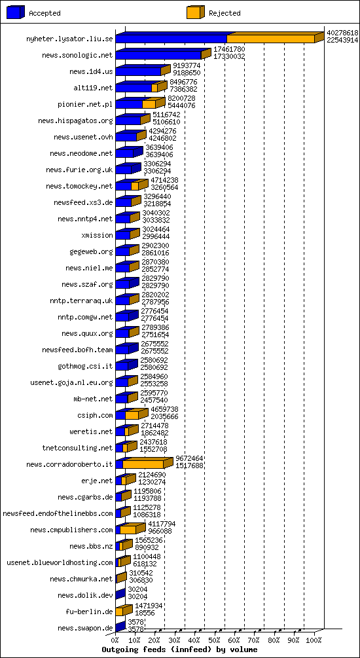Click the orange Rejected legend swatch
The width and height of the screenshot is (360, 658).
click(194, 12)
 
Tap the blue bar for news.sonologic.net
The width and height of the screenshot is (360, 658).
click(158, 56)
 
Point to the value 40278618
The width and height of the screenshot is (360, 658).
click(342, 33)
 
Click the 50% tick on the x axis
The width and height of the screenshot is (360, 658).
click(215, 639)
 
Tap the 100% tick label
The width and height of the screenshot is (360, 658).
click(314, 639)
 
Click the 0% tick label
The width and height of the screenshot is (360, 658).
click(115, 639)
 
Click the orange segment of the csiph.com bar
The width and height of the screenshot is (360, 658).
click(132, 415)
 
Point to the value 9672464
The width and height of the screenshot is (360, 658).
click(189, 458)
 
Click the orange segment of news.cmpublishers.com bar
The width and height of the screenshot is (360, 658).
click(128, 530)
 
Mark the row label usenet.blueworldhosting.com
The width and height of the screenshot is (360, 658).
click(60, 562)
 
